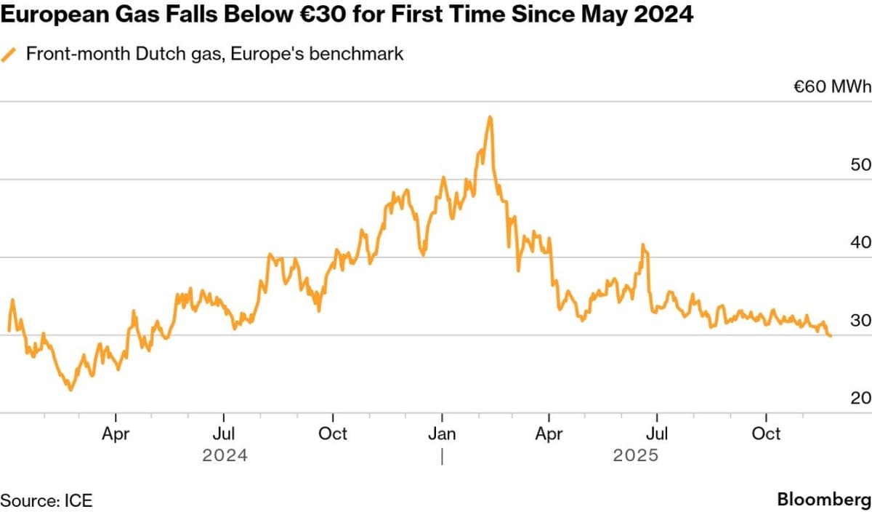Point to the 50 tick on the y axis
[860, 165]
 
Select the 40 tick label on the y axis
[860, 243]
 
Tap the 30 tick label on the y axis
[860, 321]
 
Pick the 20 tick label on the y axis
[860, 399]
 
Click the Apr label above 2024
[116, 434]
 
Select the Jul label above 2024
[223, 434]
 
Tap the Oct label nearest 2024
[333, 434]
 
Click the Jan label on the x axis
[442, 434]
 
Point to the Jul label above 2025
[657, 434]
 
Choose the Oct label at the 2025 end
[766, 434]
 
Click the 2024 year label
[225, 456]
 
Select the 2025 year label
[636, 456]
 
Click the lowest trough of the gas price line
[70, 390]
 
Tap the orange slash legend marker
[9, 55]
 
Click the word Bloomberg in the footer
[823, 500]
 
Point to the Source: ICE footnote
[47, 500]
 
